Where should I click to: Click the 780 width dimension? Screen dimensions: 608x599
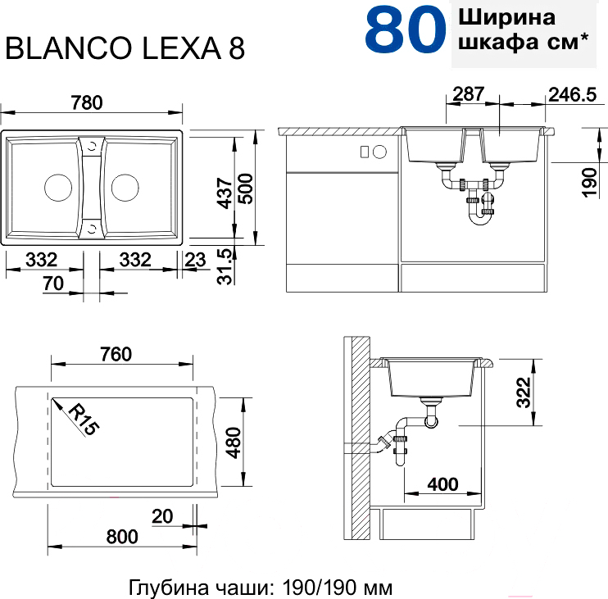click(87, 102)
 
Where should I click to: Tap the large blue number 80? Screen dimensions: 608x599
click(406, 30)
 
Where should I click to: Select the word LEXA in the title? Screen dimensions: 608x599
click(182, 48)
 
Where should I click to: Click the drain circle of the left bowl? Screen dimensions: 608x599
click(58, 188)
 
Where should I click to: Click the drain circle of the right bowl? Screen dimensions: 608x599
click(125, 188)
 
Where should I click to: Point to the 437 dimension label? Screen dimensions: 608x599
click(225, 193)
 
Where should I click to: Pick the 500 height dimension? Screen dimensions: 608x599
click(246, 188)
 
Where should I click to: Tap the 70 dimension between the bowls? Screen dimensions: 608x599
click(53, 284)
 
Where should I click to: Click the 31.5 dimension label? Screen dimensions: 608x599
click(225, 266)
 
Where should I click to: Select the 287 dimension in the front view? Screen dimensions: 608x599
click(469, 93)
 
